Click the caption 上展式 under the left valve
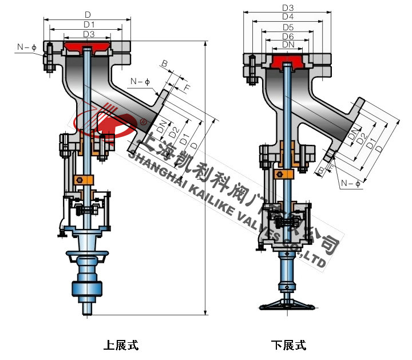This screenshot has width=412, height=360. [121, 345]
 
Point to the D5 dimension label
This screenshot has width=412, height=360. [288, 27]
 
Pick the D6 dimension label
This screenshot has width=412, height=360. [288, 37]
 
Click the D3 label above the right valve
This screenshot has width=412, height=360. [288, 7]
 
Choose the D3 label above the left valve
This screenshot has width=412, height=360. [89, 34]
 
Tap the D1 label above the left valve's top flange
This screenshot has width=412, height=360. [89, 24]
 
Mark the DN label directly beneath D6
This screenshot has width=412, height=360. [288, 45]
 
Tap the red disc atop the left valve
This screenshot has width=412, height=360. [87, 46]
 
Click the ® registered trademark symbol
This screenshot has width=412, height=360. [142, 121]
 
